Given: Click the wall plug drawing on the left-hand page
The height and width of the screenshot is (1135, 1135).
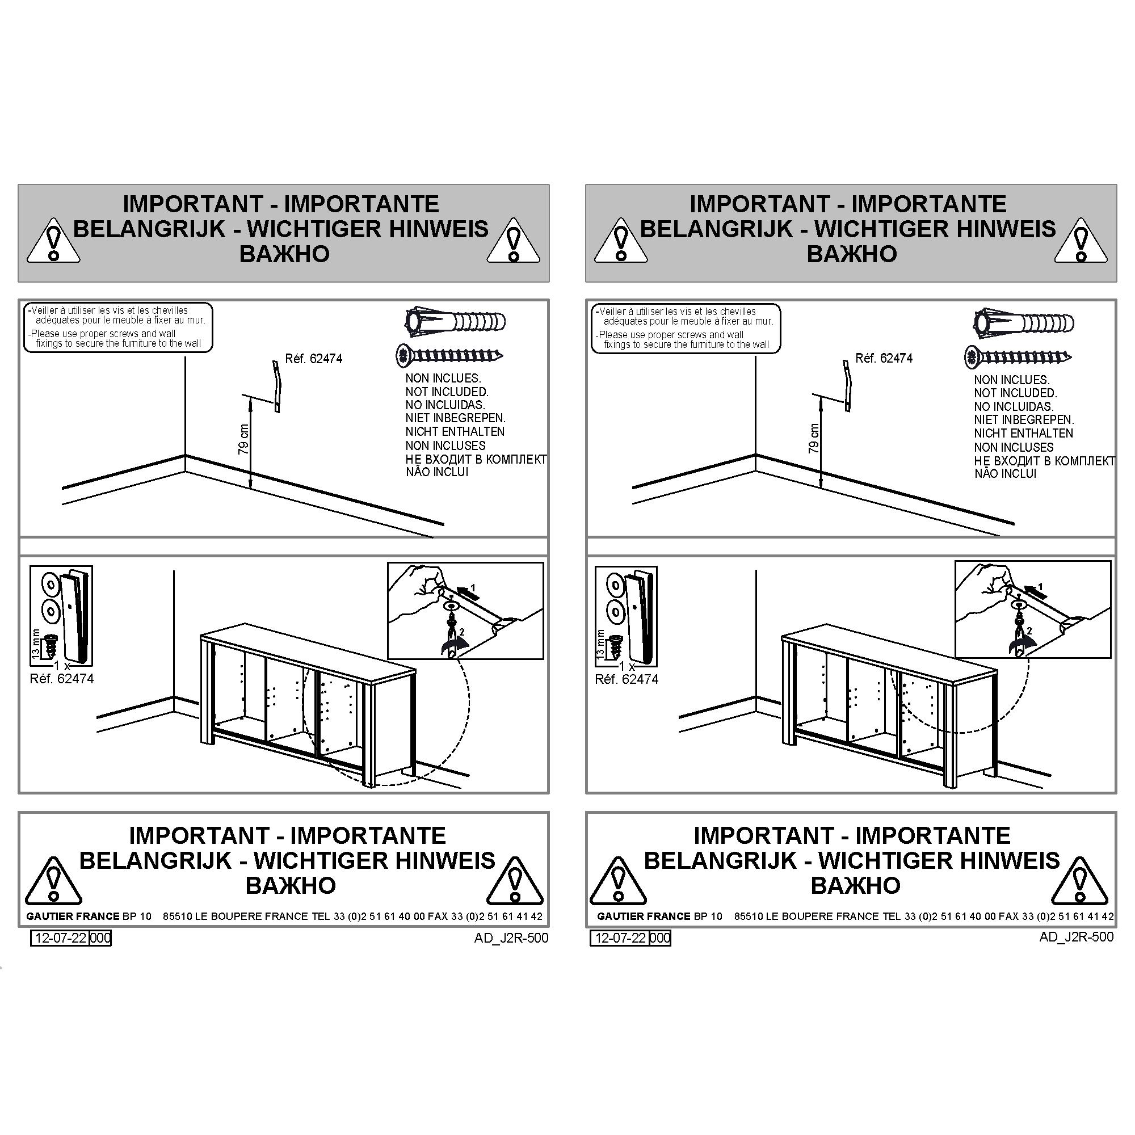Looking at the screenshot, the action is point(455,322).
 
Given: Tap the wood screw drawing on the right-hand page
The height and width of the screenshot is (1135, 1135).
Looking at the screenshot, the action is point(1018,356).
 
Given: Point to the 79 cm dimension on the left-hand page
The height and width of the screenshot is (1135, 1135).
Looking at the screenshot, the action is point(243,439).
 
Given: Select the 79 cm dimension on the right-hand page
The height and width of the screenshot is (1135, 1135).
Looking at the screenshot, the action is point(814,438).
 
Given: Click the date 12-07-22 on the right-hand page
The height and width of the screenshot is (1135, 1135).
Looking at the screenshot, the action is point(620,938).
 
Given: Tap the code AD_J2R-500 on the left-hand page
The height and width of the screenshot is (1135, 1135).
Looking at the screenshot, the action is point(511,938).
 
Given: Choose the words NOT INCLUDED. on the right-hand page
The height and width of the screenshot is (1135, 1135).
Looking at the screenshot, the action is point(1015,393).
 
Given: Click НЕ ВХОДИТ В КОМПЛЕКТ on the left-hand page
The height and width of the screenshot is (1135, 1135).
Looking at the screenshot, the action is point(476,460).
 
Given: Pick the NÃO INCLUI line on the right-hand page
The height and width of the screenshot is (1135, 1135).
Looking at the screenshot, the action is point(1005,473).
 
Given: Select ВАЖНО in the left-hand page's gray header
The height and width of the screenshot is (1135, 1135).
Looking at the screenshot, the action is point(284,254).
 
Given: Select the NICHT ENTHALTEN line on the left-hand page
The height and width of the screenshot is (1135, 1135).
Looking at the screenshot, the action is point(455,431).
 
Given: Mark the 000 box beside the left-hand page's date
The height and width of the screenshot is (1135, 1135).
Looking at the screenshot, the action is point(100,938).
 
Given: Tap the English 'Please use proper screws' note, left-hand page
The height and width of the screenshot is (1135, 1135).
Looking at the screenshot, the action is point(115,338).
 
